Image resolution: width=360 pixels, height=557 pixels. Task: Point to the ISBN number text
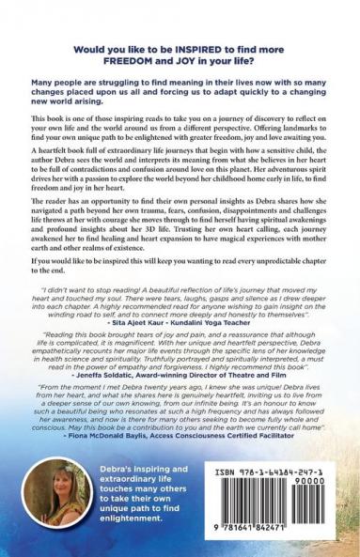coord(283,471)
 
